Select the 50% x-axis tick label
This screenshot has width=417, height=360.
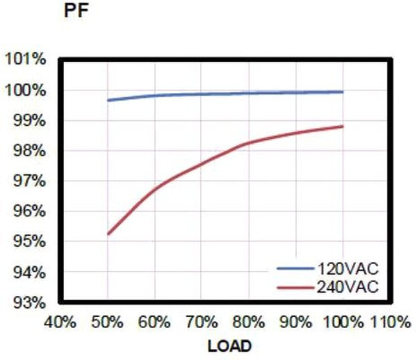coord(108,322)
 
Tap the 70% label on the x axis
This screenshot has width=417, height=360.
coord(202,322)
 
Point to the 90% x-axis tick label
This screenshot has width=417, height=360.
coord(296,322)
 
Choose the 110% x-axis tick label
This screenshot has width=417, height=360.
coord(391,322)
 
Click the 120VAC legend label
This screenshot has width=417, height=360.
coord(347,268)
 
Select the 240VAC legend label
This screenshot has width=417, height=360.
coord(347,286)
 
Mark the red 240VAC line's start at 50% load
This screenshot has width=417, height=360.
coord(108,234)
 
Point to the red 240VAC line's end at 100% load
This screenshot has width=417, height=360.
coord(343,126)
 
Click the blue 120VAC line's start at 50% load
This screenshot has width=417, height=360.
coord(108,100)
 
